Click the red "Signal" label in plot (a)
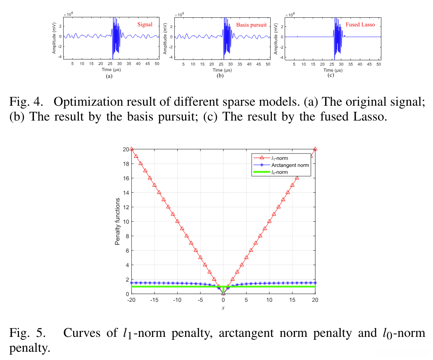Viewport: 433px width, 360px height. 145,25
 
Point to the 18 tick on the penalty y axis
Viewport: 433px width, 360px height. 125,163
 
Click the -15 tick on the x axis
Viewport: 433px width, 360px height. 154,300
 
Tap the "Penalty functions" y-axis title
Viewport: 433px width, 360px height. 117,221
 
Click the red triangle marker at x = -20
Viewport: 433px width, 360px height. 131,149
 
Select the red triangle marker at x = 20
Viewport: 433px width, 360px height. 315,149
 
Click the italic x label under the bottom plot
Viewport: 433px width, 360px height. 223,308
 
